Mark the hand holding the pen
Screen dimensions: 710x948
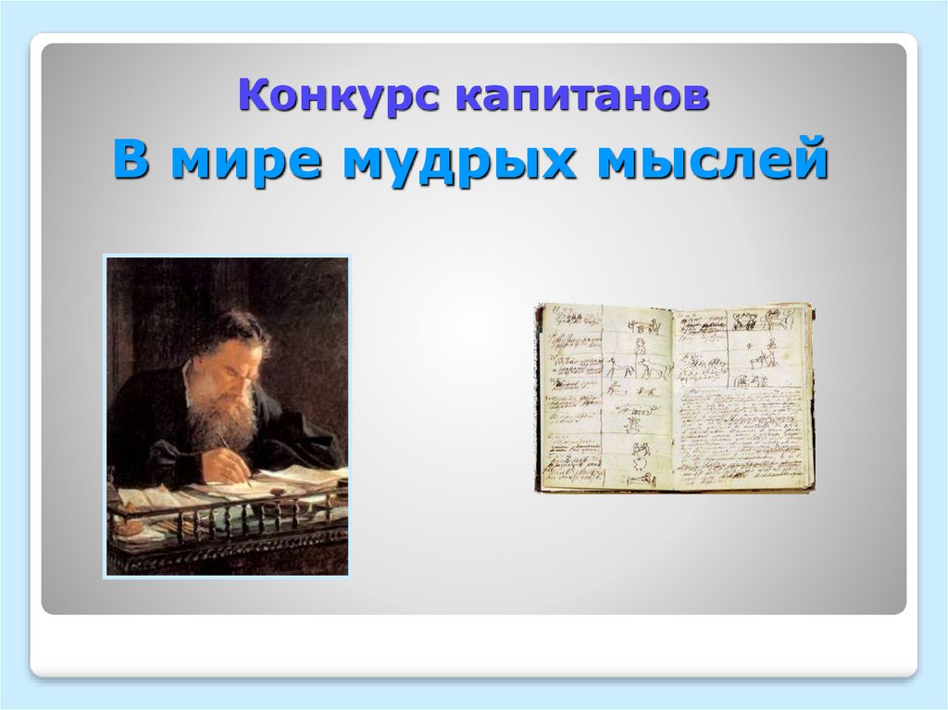[x=230, y=459]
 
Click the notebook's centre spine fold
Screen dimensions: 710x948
[x=673, y=398]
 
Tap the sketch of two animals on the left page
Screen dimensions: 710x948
[x=646, y=368]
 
